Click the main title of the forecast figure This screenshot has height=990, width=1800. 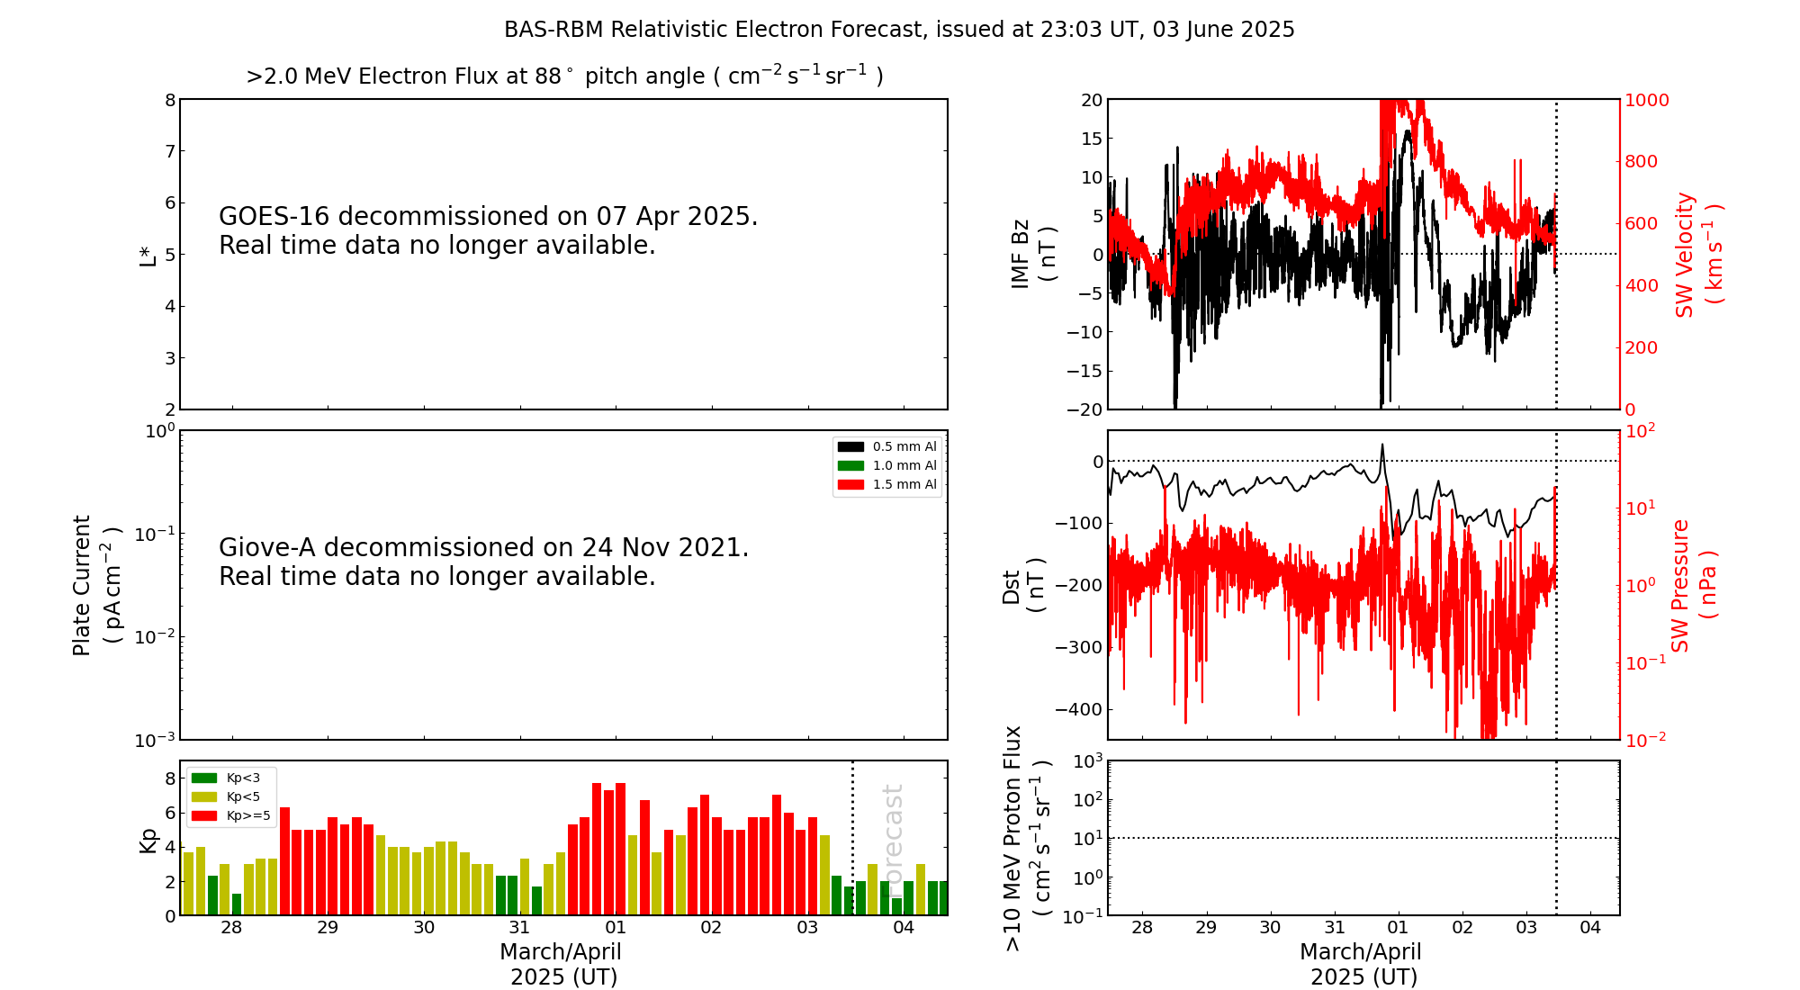pos(899,30)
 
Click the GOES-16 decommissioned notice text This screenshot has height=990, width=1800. pos(488,230)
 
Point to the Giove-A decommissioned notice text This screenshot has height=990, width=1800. pos(483,562)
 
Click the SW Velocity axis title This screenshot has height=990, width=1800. pos(1696,255)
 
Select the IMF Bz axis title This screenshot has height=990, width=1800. pos(1032,254)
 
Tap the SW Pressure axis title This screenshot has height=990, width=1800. pos(1693,585)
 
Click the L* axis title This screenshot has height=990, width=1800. pos(148,255)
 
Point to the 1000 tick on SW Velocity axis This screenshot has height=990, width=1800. pos(1646,100)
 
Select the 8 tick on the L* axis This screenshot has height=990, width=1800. pos(170,100)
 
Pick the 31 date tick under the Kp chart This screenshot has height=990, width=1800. pos(519,928)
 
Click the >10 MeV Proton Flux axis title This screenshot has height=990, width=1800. pos(1027,838)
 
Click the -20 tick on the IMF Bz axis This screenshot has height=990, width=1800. pos(1084,409)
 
